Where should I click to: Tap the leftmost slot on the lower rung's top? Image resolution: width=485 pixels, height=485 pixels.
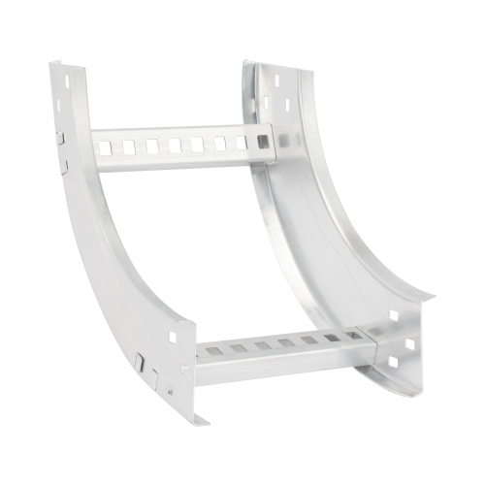tap(211, 350)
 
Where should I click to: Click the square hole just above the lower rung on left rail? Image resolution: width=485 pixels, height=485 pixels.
tap(173, 338)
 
